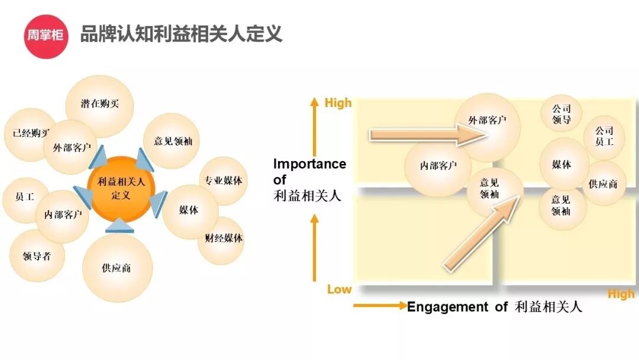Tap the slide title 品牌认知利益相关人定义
(x=181, y=34)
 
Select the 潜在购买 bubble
(x=100, y=104)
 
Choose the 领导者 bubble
(x=37, y=256)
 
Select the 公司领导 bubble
(x=561, y=114)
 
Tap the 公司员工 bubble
(x=604, y=136)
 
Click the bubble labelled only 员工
(x=24, y=198)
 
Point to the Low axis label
(x=339, y=290)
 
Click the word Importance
(x=309, y=164)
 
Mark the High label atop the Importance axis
(x=338, y=103)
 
